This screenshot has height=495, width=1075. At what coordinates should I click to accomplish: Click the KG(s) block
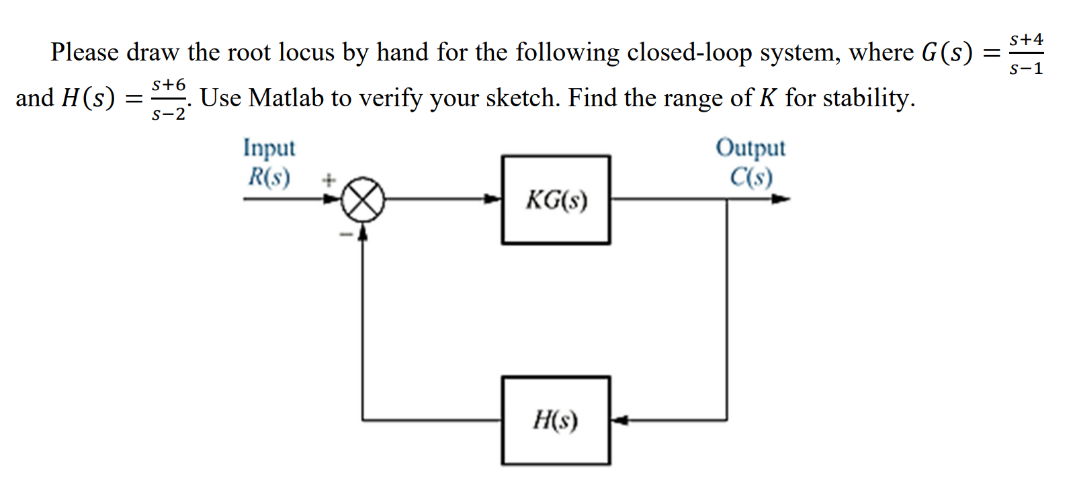556,200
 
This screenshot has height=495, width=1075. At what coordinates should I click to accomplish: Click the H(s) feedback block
556,420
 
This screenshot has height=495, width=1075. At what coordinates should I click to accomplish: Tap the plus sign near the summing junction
328,180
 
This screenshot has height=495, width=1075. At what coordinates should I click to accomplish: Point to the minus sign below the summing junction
346,235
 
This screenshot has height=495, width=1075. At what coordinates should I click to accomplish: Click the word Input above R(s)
269,147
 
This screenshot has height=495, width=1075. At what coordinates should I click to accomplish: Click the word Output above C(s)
750,147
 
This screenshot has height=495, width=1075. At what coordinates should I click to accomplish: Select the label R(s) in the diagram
269,177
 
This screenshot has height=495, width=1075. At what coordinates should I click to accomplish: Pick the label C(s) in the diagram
751,177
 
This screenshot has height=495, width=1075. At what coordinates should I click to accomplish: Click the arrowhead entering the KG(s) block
494,199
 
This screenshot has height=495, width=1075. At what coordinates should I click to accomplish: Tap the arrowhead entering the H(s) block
619,420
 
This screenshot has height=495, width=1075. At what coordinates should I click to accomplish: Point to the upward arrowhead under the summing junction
363,232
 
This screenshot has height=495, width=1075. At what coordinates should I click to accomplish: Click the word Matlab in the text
286,98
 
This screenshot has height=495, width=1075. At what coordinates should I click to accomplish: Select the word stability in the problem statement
865,98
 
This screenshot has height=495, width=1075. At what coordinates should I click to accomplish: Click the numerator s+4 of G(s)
1026,40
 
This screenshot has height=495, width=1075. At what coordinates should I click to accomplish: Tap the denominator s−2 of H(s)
168,114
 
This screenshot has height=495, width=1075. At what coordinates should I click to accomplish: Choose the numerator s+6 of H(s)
168,85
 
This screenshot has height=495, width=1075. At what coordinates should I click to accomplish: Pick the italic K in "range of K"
768,98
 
